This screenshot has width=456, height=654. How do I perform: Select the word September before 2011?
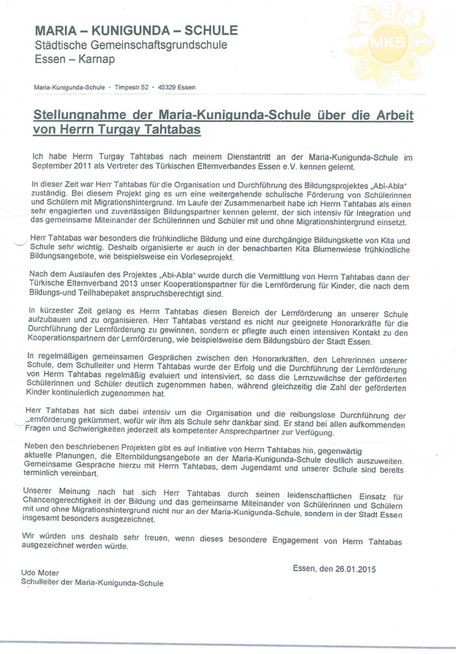click(x=54, y=166)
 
